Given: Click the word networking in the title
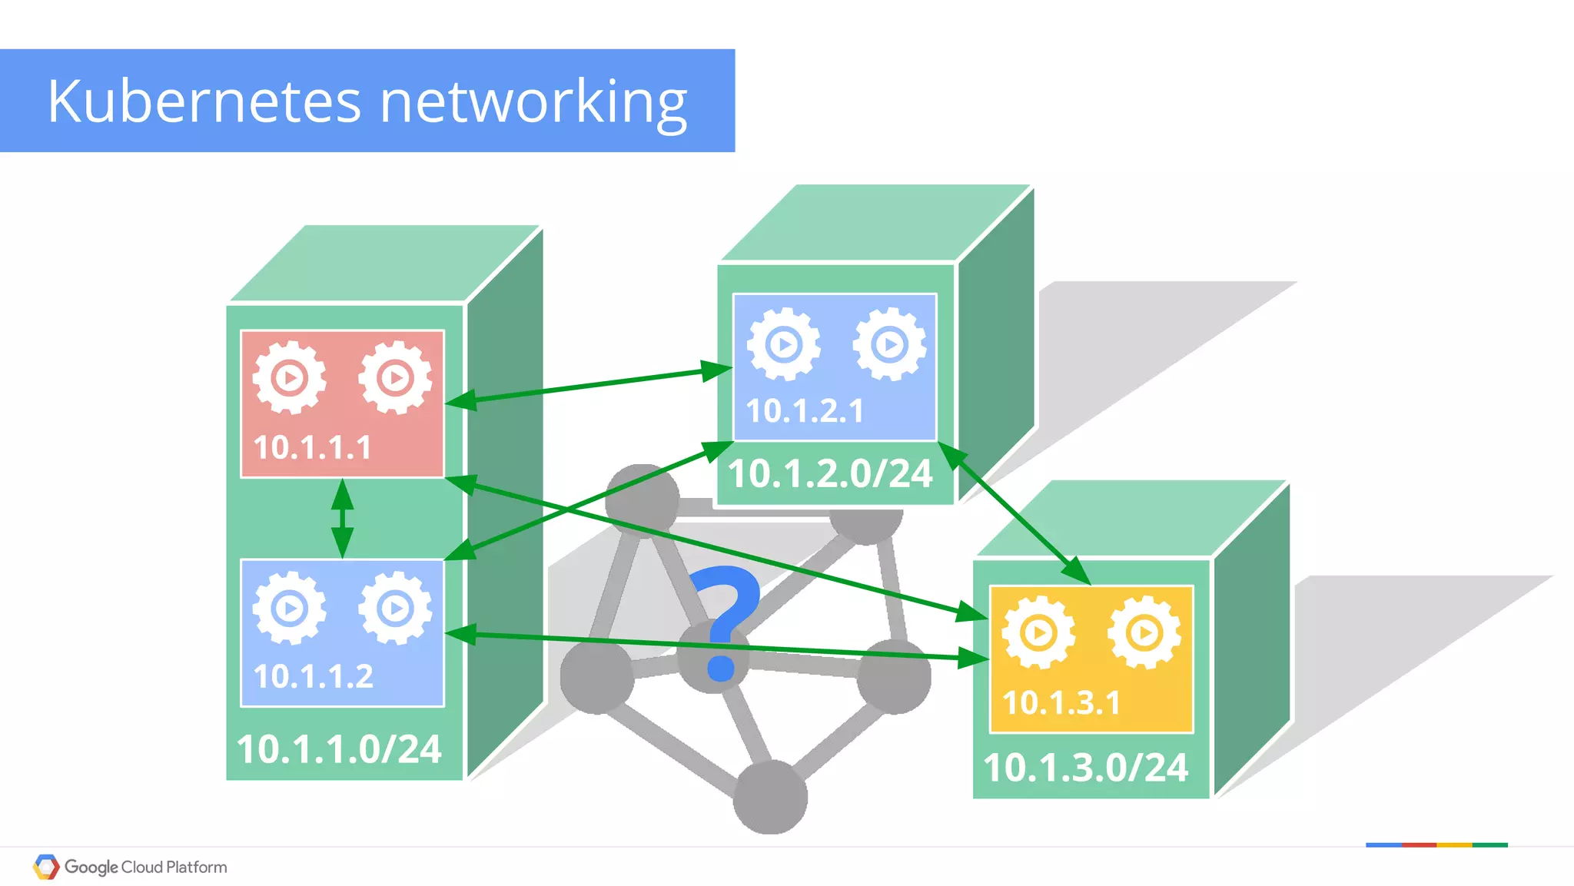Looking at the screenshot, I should (x=533, y=102).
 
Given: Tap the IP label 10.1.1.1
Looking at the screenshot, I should (x=312, y=447).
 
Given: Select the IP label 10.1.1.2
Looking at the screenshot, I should (x=313, y=676).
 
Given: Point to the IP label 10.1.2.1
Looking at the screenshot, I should (x=805, y=410).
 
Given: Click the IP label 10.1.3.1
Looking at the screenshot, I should (x=1061, y=702).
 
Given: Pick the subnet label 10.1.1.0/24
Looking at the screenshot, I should (x=339, y=749).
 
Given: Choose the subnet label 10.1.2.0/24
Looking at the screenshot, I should (x=830, y=473).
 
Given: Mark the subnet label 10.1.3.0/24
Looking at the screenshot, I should (x=1085, y=768).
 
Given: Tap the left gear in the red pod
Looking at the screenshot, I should (x=290, y=377).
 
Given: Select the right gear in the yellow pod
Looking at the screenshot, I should (x=1144, y=633).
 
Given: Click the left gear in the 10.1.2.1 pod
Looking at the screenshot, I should (x=783, y=343).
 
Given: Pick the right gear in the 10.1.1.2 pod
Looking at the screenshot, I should (x=395, y=609).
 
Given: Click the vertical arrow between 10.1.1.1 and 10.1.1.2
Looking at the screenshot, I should (x=342, y=519).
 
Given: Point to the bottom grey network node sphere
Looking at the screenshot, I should (x=770, y=797).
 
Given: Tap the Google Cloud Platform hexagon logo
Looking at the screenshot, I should (x=46, y=867).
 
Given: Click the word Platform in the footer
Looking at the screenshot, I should (x=197, y=867).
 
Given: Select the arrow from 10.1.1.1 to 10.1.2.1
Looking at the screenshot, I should (x=588, y=385).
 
